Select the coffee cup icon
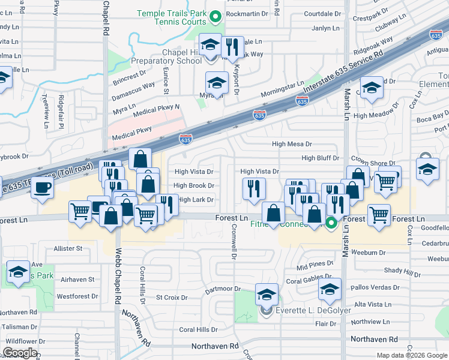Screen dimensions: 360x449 click(43, 188)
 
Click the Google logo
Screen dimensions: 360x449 click(20, 353)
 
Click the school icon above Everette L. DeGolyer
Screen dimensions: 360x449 click(267, 295)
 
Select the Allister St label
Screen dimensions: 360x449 click(68, 248)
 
